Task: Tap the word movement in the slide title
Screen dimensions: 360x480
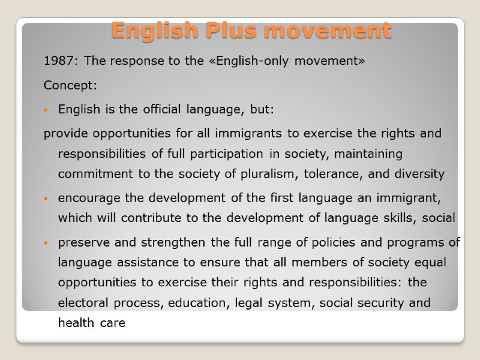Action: pos(320,30)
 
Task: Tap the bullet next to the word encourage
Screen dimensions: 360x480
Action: pos(46,198)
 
